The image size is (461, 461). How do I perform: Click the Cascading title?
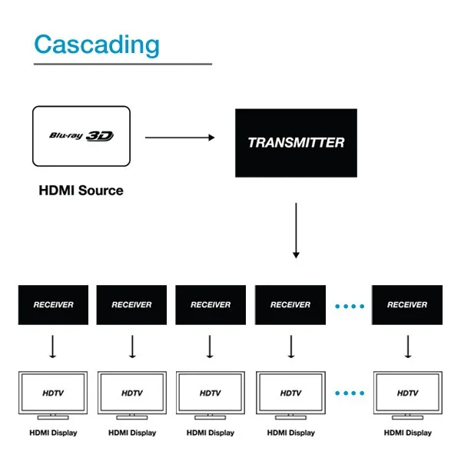(x=96, y=45)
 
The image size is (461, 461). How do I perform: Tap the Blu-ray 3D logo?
(x=81, y=136)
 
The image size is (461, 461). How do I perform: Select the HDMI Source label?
(x=81, y=190)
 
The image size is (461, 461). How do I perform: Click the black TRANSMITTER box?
(x=296, y=143)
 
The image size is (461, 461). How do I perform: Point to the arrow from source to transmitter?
(x=179, y=138)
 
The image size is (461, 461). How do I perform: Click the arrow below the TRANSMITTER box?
(x=296, y=230)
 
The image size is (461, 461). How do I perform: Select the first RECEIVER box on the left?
(x=53, y=304)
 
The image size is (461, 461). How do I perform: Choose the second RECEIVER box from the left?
(x=132, y=304)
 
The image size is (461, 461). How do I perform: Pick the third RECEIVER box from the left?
(x=211, y=304)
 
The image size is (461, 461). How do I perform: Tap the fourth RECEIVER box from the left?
(x=290, y=304)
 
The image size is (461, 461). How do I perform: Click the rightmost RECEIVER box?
(x=407, y=304)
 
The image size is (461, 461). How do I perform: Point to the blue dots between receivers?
(x=350, y=305)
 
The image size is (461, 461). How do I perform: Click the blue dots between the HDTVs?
(x=350, y=393)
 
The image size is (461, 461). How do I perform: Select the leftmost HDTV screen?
(x=53, y=393)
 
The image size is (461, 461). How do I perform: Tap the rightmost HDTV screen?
(x=407, y=393)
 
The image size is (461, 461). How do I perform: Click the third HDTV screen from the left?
(x=211, y=393)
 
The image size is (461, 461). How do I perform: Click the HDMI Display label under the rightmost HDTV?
(x=407, y=433)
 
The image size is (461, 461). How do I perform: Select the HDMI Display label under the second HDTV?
(x=132, y=433)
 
